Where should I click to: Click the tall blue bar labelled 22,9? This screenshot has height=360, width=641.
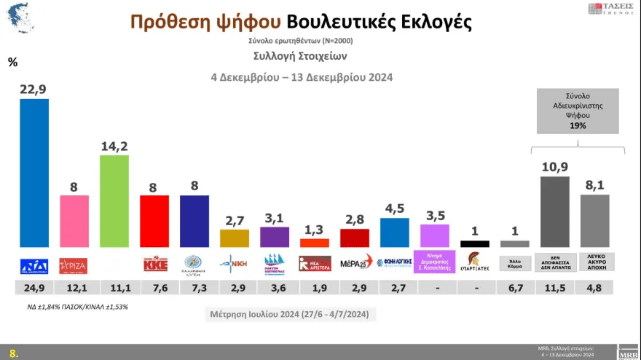(x=34, y=173)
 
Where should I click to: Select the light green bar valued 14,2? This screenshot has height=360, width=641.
(x=114, y=201)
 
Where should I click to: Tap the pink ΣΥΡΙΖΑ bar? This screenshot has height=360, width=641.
(x=74, y=221)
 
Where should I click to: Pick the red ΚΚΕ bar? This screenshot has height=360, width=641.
(x=154, y=221)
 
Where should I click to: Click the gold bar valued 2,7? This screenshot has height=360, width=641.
(x=235, y=238)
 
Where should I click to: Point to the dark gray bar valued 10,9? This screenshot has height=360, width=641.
(x=555, y=211)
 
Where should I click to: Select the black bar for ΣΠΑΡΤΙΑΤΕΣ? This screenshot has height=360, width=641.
(x=475, y=243)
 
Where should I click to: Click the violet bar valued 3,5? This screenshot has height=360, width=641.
(x=435, y=235)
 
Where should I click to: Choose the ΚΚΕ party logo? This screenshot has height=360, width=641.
(x=154, y=262)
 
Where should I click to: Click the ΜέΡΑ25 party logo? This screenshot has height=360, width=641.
(x=355, y=262)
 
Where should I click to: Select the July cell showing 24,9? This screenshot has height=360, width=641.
(x=34, y=289)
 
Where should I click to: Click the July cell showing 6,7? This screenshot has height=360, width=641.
(x=515, y=289)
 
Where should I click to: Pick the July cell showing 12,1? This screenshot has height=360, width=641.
(x=74, y=289)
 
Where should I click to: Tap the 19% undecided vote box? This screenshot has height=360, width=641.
(x=577, y=111)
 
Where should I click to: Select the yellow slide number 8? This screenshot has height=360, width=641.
(x=12, y=353)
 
